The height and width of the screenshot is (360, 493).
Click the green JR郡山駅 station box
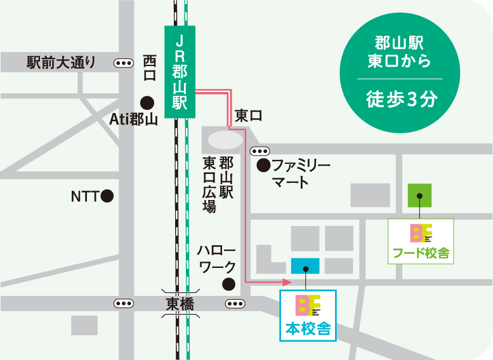180,72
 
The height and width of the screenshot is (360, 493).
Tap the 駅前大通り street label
61,63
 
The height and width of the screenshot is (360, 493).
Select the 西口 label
150,68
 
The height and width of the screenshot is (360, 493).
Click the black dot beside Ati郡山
147,102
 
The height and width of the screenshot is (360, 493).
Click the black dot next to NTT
108,196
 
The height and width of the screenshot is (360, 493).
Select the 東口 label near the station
248,116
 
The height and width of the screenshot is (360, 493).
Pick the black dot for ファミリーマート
262,166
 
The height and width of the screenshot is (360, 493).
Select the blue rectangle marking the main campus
305,265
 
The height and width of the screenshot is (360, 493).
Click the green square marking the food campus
419,196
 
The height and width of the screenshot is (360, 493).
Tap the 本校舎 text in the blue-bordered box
307,329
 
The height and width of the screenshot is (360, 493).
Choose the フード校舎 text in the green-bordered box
421,253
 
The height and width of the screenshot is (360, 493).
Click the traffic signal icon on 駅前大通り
124,63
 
